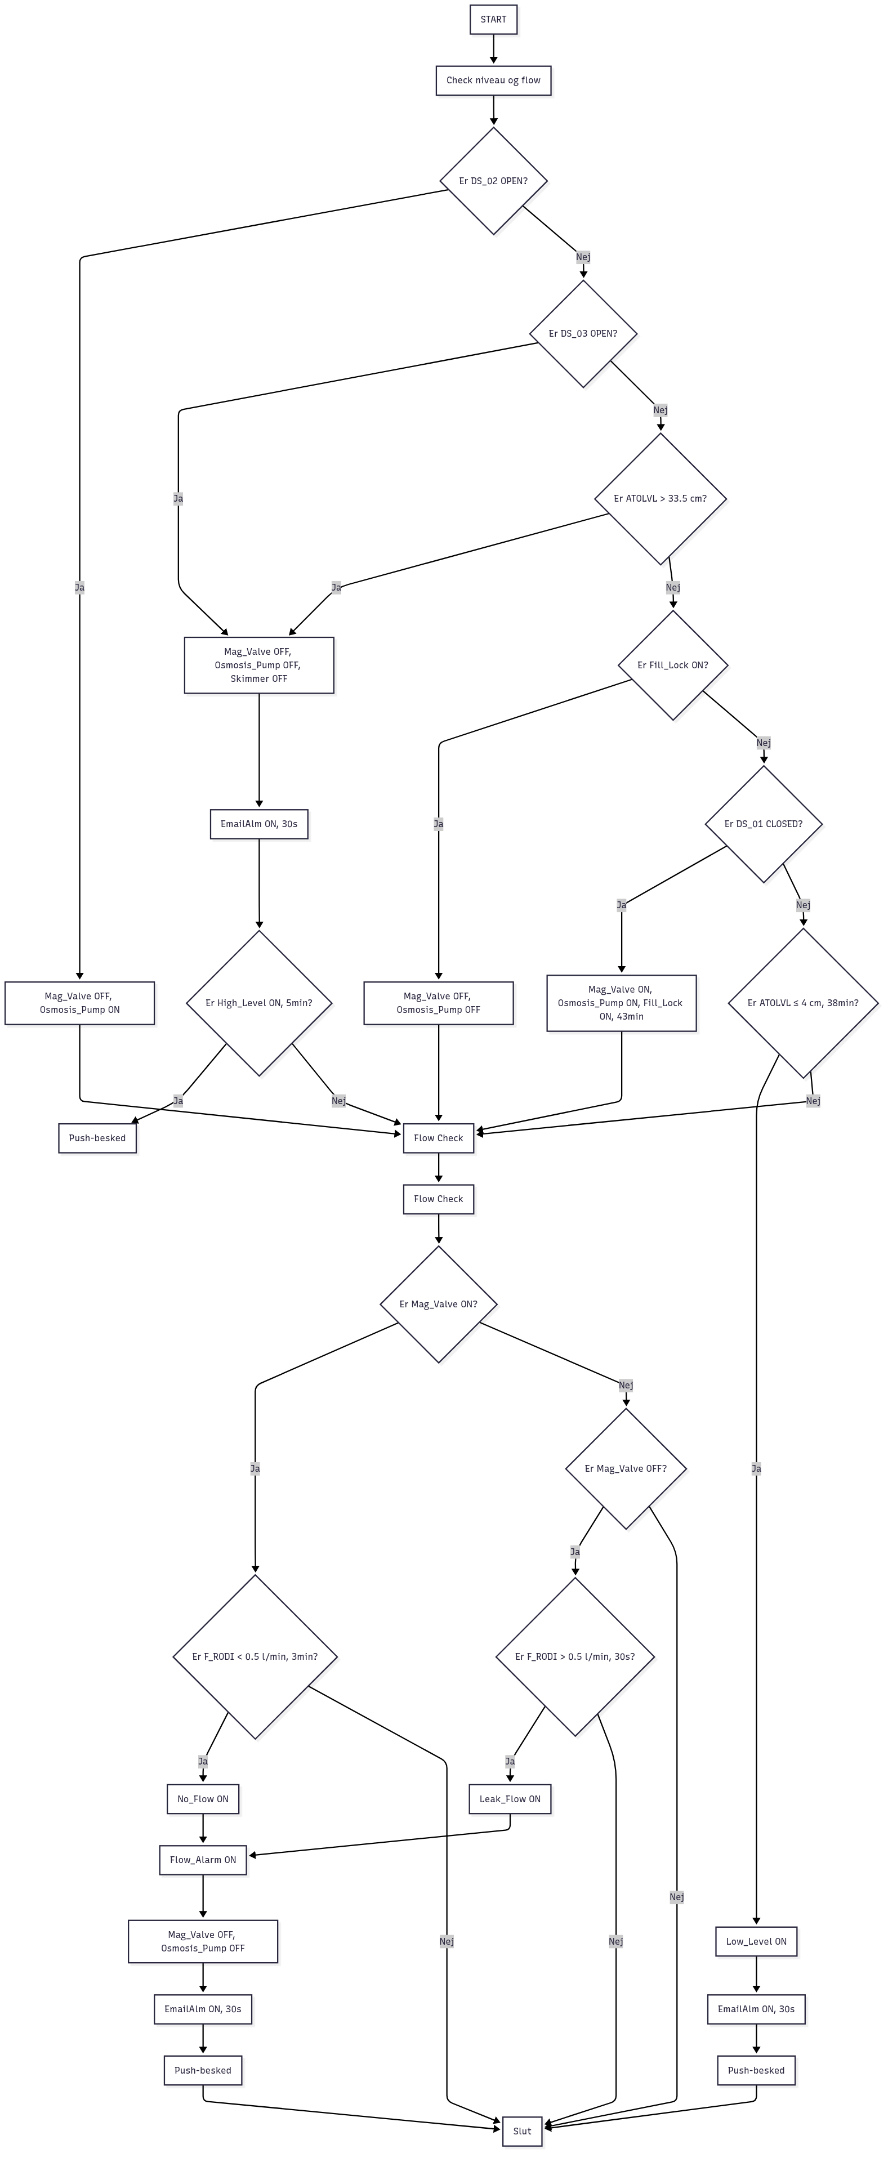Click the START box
tap(493, 19)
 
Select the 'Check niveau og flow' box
tap(493, 81)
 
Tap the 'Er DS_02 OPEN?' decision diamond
tap(493, 180)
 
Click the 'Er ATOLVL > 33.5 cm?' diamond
tap(660, 498)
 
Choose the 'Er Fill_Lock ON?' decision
tap(672, 665)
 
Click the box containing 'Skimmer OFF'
tap(258, 665)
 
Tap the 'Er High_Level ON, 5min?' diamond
tap(258, 1003)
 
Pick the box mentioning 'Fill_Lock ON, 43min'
tap(621, 1003)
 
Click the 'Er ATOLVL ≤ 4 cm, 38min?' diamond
tap(802, 1003)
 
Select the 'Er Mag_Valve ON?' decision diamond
tap(438, 1305)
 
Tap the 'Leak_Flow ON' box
tap(510, 1799)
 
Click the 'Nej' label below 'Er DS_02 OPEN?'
tap(582, 257)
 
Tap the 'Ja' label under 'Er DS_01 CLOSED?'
tap(621, 905)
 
